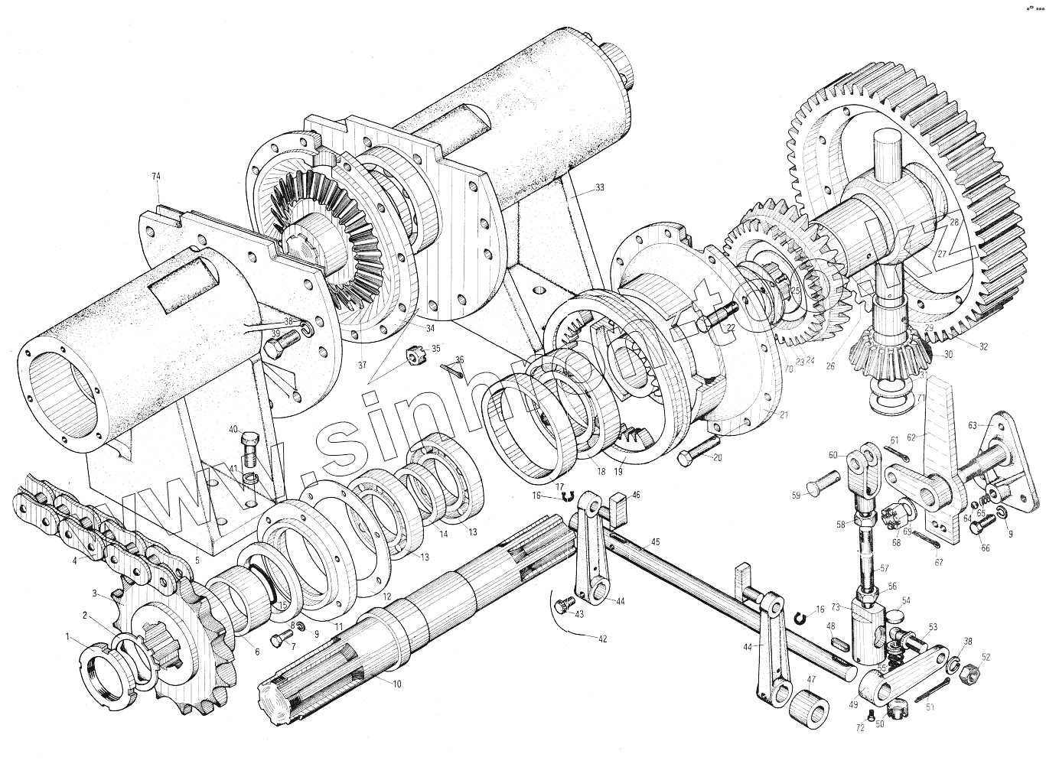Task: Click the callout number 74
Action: tap(156, 177)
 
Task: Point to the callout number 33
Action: tap(598, 187)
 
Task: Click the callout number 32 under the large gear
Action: tap(983, 346)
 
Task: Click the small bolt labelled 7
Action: tap(277, 639)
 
